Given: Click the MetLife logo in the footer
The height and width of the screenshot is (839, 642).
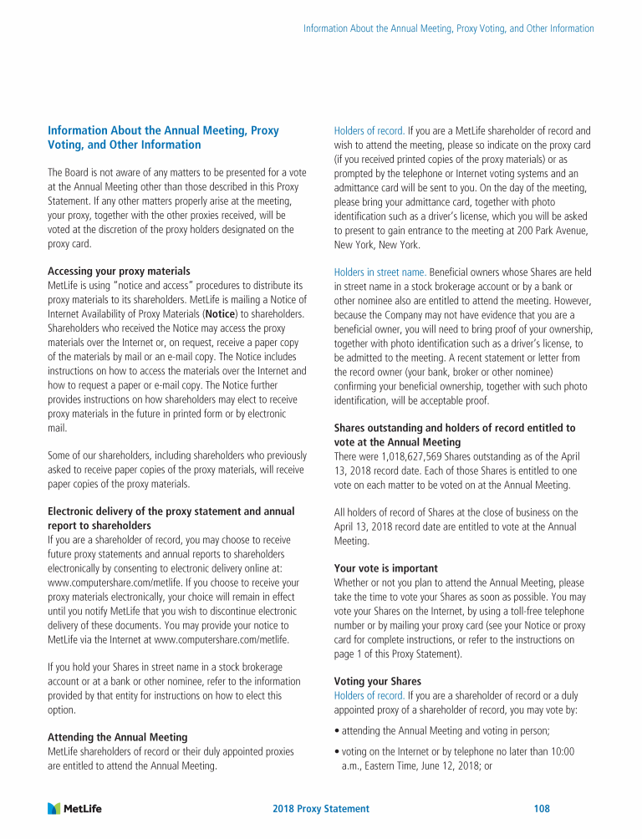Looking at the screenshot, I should pyautogui.click(x=80, y=808).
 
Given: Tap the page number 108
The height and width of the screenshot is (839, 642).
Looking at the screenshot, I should pyautogui.click(x=541, y=809).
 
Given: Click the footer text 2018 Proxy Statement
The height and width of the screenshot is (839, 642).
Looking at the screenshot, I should pyautogui.click(x=321, y=809).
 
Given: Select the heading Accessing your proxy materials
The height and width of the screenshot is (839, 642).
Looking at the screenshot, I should pyautogui.click(x=119, y=272).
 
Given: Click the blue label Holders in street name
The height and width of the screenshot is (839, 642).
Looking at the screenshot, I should pyautogui.click(x=380, y=272).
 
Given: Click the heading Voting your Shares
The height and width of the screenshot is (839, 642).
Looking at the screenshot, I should pyautogui.click(x=378, y=681).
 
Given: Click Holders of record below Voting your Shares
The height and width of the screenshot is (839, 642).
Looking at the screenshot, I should pyautogui.click(x=369, y=695).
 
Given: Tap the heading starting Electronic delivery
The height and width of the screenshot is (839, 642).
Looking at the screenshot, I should pyautogui.click(x=171, y=511).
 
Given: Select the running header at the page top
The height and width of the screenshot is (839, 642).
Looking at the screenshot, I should pyautogui.click(x=448, y=28).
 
